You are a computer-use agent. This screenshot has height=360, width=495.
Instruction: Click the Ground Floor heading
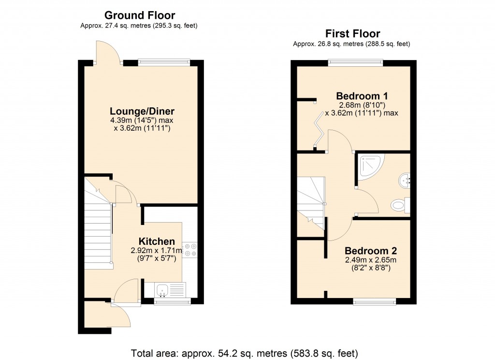[140, 15]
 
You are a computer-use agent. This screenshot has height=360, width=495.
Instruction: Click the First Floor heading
[352, 33]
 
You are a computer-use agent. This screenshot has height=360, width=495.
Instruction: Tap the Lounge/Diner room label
[142, 111]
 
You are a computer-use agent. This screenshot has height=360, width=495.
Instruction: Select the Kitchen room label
[157, 241]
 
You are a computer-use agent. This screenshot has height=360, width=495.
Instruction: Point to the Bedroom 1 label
[362, 95]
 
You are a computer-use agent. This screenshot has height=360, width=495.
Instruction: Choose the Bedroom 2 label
[370, 251]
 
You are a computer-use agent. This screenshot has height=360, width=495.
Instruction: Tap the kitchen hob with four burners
[189, 249]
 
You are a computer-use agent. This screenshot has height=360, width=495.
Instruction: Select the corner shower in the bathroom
[369, 165]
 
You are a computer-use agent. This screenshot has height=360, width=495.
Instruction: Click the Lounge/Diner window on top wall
[164, 61]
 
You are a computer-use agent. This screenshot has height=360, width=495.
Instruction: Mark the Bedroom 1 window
[355, 61]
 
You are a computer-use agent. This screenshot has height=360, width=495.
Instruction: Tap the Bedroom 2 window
[375, 302]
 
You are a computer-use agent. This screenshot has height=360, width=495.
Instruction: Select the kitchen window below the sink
[172, 302]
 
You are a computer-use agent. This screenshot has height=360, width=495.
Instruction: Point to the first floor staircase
[310, 203]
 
